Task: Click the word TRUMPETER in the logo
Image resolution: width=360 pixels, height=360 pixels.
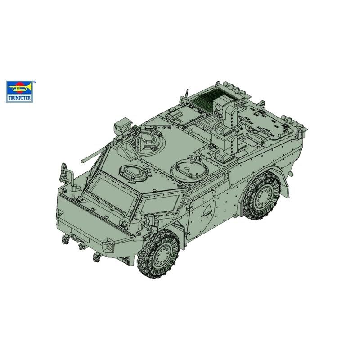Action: click(x=19, y=98)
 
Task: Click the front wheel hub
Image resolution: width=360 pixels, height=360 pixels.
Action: click(x=162, y=253)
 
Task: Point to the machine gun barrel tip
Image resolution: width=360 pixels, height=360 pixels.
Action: click(x=82, y=162)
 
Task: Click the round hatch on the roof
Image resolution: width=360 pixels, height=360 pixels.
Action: click(x=189, y=170)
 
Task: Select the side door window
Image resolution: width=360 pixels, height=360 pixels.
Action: click(x=160, y=204)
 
